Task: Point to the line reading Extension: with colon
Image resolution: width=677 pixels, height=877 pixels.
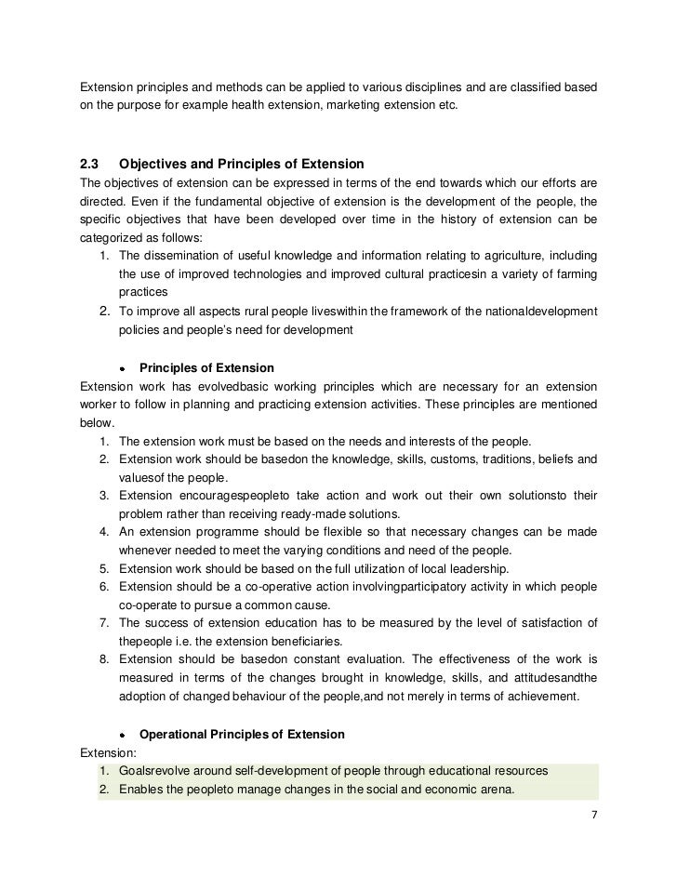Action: point(109,752)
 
